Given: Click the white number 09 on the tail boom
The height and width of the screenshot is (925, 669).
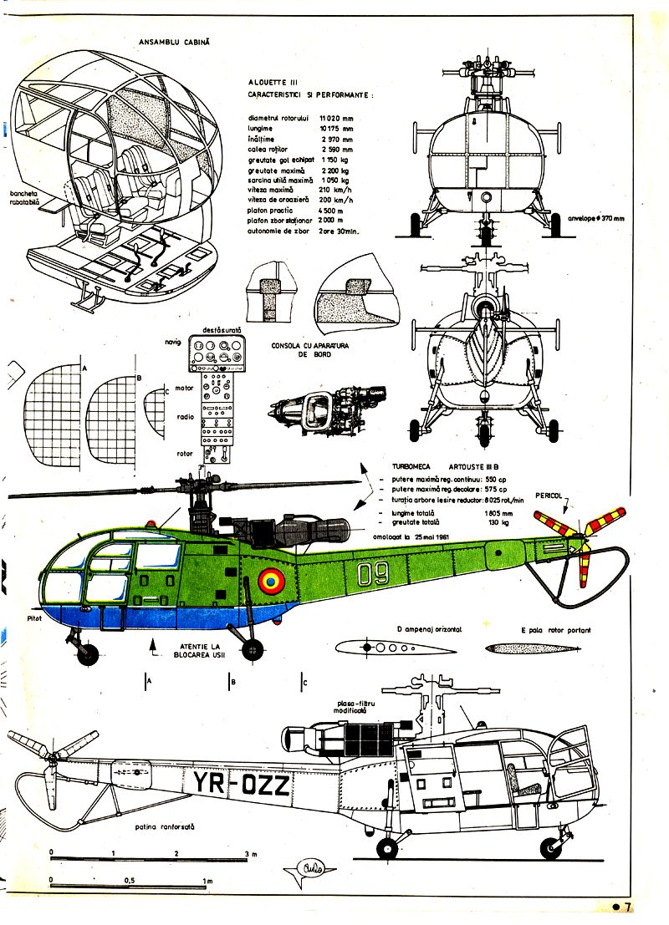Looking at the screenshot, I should coord(375,574).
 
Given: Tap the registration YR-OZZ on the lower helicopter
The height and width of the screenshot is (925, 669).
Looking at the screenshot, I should coord(242,785).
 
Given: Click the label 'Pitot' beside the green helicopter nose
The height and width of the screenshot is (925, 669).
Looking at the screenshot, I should coord(34,618).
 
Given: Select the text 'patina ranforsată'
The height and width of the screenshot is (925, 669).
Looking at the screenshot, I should coord(164,826).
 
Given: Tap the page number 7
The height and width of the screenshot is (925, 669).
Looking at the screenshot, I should coord(626,907).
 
